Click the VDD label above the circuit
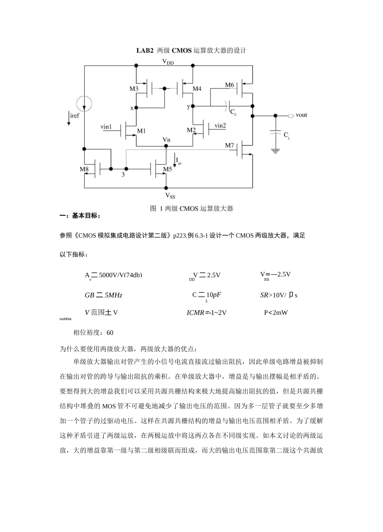tap(168, 62)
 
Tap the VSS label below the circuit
tap(170, 196)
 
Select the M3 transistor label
tap(134, 89)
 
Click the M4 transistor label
tap(197, 89)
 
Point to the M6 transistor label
tap(229, 85)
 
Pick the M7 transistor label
tap(229, 145)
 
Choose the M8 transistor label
tap(84, 169)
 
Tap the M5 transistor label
tap(167, 169)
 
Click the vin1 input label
tap(106, 127)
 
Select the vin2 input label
tap(220, 126)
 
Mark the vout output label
tap(301, 115)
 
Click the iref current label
tap(75, 116)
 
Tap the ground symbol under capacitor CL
tap(276, 151)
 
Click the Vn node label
tap(167, 140)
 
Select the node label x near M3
tap(131, 108)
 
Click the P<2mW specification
tap(276, 312)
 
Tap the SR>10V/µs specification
tap(279, 295)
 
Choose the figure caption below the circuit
tap(191, 209)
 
